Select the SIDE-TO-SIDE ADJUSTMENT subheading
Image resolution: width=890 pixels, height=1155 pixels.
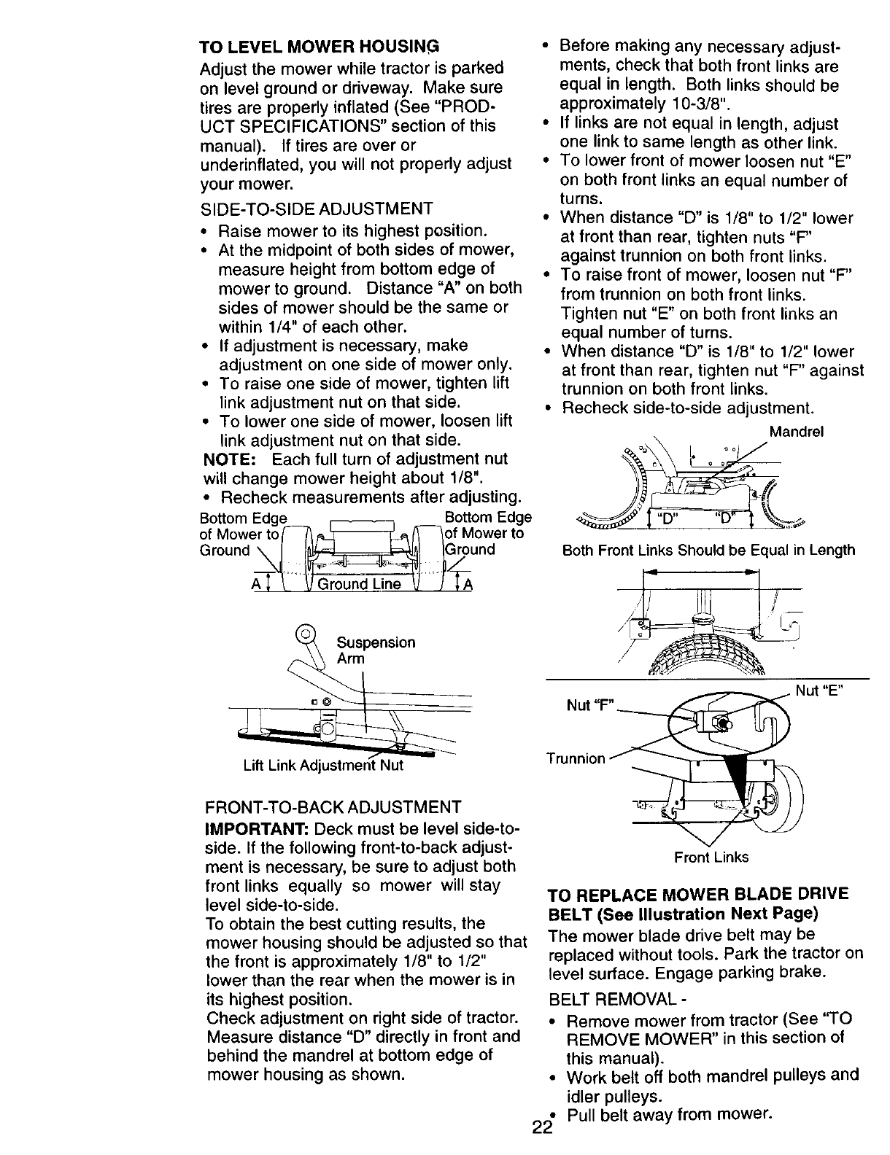[x=317, y=209]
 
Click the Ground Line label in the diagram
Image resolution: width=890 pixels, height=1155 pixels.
[x=364, y=584]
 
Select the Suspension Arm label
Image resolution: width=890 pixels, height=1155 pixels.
[x=375, y=650]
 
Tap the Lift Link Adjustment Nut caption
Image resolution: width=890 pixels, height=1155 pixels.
[x=323, y=766]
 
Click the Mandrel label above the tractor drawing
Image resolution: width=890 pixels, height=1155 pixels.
[x=797, y=432]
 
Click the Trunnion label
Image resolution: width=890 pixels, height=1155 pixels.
[x=576, y=758]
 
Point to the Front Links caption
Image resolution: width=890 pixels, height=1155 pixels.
[x=711, y=857]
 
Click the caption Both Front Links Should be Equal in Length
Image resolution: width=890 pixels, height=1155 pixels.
[x=708, y=551]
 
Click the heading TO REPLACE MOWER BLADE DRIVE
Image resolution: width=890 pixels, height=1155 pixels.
[x=698, y=895]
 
